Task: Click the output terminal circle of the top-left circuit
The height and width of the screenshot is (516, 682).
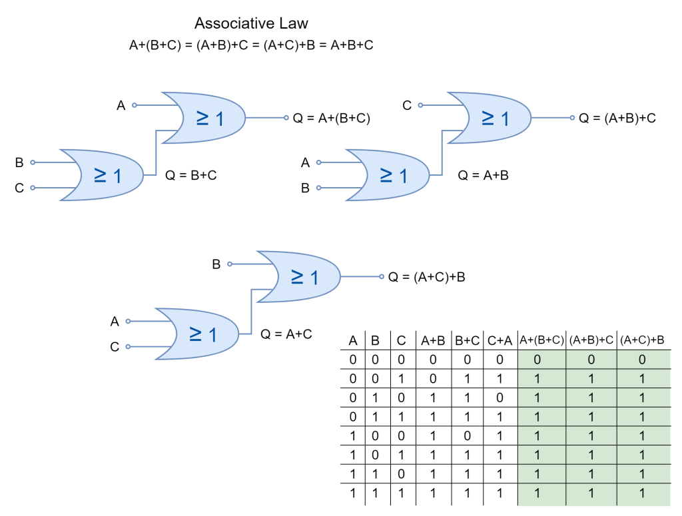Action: click(286, 118)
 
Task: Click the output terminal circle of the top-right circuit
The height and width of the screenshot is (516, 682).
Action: click(572, 118)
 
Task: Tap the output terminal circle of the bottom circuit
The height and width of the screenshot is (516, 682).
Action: click(382, 276)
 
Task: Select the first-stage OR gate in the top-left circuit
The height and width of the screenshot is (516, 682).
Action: click(103, 175)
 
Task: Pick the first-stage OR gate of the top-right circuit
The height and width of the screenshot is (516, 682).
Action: click(390, 175)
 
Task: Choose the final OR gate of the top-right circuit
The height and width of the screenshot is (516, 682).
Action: click(491, 118)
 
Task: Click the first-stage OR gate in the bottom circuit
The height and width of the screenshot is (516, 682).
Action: click(198, 334)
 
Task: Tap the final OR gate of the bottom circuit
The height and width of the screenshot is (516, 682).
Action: click(300, 276)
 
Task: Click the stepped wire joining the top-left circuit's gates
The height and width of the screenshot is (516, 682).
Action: click(156, 153)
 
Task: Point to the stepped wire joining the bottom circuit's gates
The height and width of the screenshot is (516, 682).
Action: click(251, 312)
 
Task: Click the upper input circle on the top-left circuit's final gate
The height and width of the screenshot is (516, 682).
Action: click(135, 105)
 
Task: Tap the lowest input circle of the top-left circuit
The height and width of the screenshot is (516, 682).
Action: click(33, 188)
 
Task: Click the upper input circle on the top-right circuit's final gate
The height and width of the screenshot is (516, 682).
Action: click(420, 105)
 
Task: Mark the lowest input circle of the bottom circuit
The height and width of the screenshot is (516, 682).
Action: click(128, 346)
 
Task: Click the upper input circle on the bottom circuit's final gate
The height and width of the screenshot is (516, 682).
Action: click(230, 264)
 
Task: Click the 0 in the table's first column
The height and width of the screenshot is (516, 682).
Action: click(537, 360)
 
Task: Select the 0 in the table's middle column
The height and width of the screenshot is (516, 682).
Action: click(591, 360)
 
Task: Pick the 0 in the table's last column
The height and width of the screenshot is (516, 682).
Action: click(642, 360)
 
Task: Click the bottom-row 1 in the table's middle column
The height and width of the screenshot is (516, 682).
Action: click(591, 494)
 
